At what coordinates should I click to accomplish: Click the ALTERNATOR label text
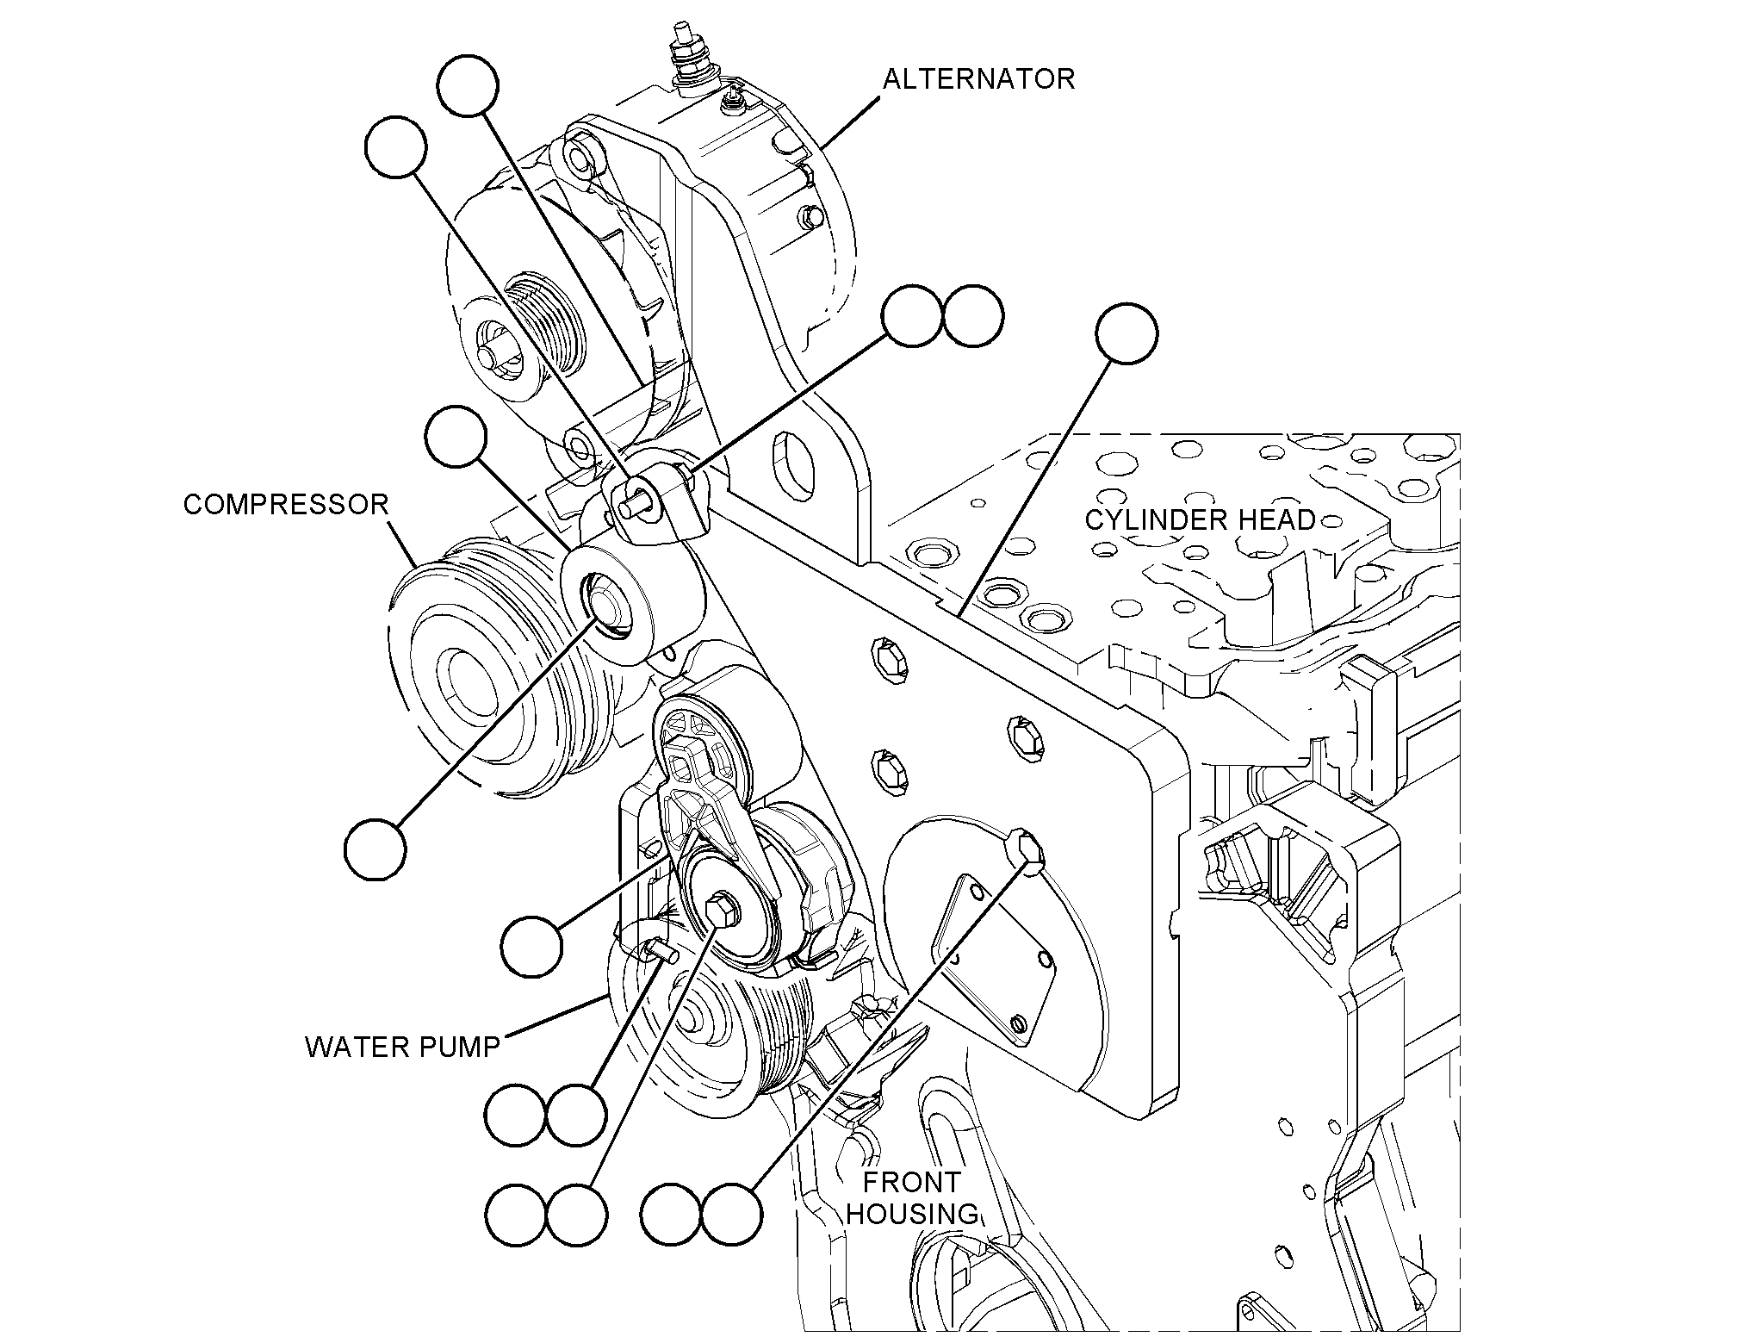point(978,79)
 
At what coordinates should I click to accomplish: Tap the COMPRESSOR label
point(286,505)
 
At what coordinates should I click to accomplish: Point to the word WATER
point(356,1047)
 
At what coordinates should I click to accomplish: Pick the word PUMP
point(456,1047)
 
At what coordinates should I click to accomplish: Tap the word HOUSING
point(913,1214)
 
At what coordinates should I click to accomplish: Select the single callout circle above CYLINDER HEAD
point(1127,333)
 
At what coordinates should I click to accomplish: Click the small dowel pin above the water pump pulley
point(664,950)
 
